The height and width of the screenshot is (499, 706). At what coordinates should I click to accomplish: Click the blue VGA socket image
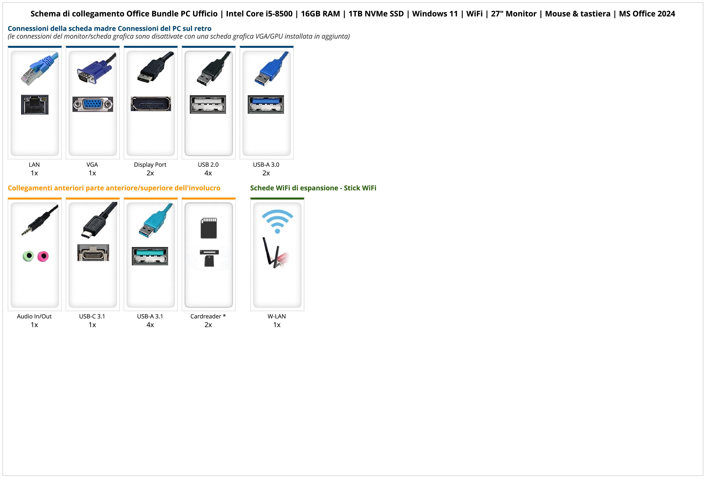93,104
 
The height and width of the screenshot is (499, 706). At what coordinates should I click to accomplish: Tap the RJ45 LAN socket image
35,104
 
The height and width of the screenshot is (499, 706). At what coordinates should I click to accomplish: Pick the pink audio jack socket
43,256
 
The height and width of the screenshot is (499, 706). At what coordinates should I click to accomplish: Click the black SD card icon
208,228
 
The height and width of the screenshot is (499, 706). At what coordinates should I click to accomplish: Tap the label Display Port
150,164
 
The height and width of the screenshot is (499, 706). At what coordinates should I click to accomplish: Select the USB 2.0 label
208,164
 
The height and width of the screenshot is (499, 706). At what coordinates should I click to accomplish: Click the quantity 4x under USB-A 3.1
150,325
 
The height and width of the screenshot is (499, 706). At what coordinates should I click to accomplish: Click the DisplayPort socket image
151,104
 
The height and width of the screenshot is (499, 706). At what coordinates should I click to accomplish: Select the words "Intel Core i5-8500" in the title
259,14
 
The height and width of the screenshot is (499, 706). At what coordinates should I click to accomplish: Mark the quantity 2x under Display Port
150,173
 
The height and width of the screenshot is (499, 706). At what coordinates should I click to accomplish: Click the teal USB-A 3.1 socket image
150,256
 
